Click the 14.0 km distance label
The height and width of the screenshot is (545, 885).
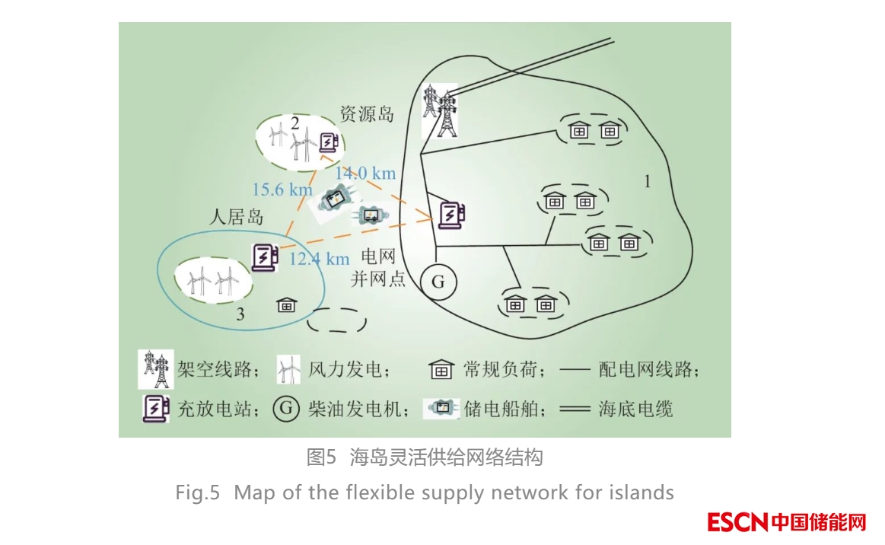coord(366,173)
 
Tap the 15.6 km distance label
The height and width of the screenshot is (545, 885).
coord(282,188)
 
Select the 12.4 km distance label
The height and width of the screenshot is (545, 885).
coord(320,259)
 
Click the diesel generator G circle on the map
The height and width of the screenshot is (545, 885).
coord(438,282)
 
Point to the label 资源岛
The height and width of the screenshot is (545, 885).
coord(367,114)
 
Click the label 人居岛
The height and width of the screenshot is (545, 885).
coord(236,217)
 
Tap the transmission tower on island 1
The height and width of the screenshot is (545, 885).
coord(440,110)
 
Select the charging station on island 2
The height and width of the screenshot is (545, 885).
coord(328,142)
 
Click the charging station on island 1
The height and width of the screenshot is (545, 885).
coord(451,215)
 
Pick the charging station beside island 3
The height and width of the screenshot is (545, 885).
coord(263,257)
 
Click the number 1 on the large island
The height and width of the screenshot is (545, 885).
coord(647,182)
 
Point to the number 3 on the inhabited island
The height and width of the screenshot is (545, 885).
coord(240,314)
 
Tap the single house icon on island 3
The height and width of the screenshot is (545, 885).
coord(286,305)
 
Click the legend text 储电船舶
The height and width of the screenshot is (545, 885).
coord(494,410)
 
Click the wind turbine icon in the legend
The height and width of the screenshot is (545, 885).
coord(288,371)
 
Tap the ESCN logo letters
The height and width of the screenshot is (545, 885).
coord(737,523)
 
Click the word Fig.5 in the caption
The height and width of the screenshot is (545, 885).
coord(197,492)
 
